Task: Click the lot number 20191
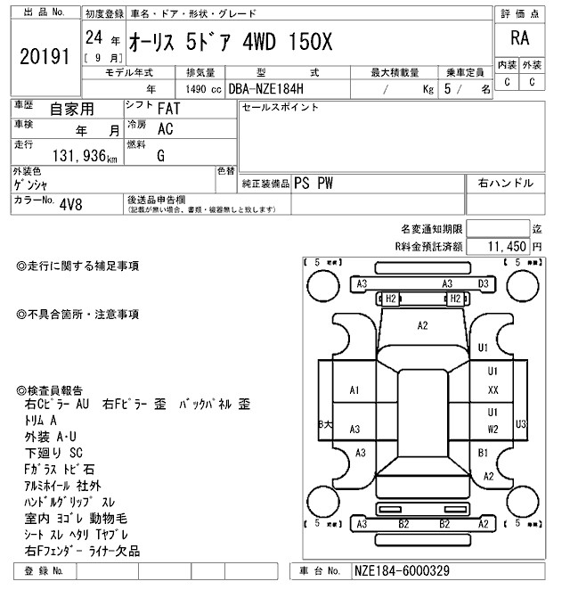(x=44, y=55)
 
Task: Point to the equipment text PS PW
(x=313, y=183)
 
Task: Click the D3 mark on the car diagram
(x=484, y=283)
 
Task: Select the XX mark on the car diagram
(x=492, y=390)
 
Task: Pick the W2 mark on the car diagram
(x=492, y=429)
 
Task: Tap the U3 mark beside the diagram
(x=521, y=423)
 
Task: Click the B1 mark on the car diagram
(x=484, y=454)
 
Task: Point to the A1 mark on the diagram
(x=354, y=389)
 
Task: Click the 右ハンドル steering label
(x=505, y=183)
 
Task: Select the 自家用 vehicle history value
(x=69, y=109)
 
